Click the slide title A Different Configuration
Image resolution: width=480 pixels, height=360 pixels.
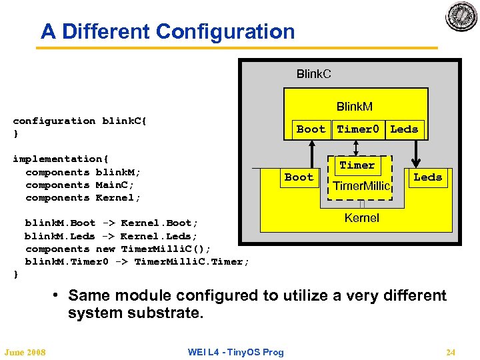coord(167,31)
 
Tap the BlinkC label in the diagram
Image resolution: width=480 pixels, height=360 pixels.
coord(313,73)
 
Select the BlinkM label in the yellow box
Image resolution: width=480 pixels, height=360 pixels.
coord(354,107)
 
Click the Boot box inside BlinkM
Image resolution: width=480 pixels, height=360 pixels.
coord(311,129)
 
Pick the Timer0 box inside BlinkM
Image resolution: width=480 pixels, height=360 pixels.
coord(358,129)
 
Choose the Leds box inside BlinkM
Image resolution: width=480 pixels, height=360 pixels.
coord(404,129)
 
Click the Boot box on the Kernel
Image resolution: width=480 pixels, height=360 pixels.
coord(299,177)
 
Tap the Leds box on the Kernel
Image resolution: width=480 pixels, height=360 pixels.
coord(427,177)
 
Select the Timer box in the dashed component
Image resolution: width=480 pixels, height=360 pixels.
coord(357,165)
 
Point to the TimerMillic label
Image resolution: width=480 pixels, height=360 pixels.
coord(361,186)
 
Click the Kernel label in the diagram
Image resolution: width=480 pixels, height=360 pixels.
coord(362,218)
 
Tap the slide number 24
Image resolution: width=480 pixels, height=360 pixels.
coord(451,352)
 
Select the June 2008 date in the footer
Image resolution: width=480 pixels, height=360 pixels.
coord(25,352)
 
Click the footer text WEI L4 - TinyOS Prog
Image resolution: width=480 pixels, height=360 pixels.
coord(235,352)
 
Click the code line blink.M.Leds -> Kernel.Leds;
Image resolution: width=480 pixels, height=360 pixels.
coord(111,236)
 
